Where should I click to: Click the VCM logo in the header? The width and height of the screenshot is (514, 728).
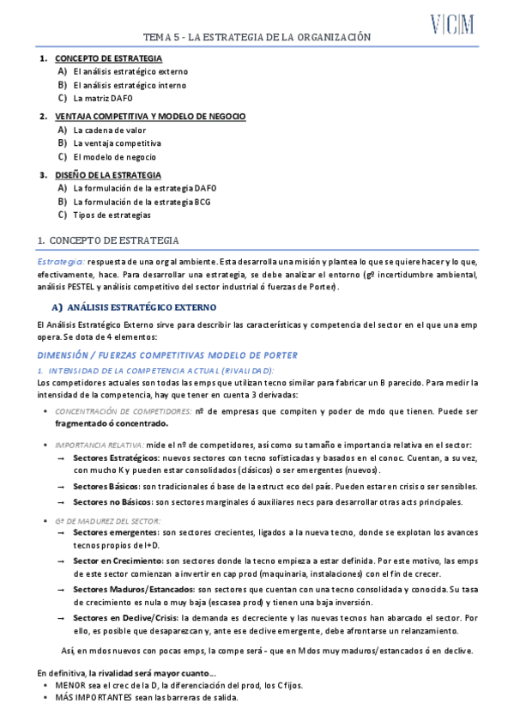pyautogui.click(x=453, y=25)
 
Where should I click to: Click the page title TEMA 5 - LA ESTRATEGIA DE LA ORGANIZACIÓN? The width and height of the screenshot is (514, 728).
pyautogui.click(x=257, y=38)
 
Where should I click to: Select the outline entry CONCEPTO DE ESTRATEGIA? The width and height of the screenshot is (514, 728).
pyautogui.click(x=108, y=58)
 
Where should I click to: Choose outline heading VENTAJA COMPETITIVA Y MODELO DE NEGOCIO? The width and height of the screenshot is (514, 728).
pyautogui.click(x=150, y=116)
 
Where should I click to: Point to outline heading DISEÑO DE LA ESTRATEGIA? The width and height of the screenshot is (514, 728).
pyautogui.click(x=113, y=174)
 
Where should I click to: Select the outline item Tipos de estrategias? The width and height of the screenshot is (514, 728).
pyautogui.click(x=112, y=215)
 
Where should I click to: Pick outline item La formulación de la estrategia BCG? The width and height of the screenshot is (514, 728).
pyautogui.click(x=142, y=202)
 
